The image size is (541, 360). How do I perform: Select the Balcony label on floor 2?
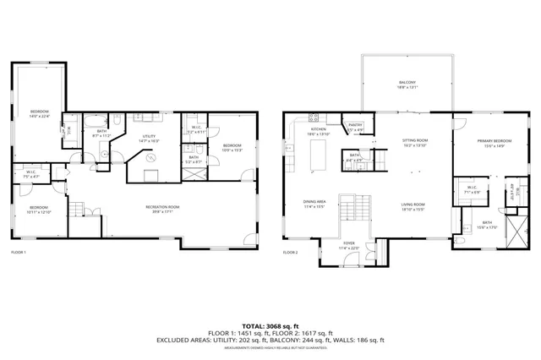[x=407, y=84]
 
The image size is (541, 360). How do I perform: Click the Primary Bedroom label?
[x=490, y=143]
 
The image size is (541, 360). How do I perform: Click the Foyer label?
[x=348, y=247]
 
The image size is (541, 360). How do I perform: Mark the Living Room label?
[x=413, y=205]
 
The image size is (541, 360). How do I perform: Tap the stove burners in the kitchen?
[x=314, y=117]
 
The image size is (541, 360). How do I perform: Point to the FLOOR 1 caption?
[x=19, y=252]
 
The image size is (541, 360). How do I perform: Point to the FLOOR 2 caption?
[x=290, y=252]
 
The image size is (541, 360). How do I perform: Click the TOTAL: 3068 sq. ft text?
[x=270, y=325]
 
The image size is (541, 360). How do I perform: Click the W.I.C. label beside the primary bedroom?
[x=471, y=189]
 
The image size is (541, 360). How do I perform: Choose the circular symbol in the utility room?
[x=152, y=157]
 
